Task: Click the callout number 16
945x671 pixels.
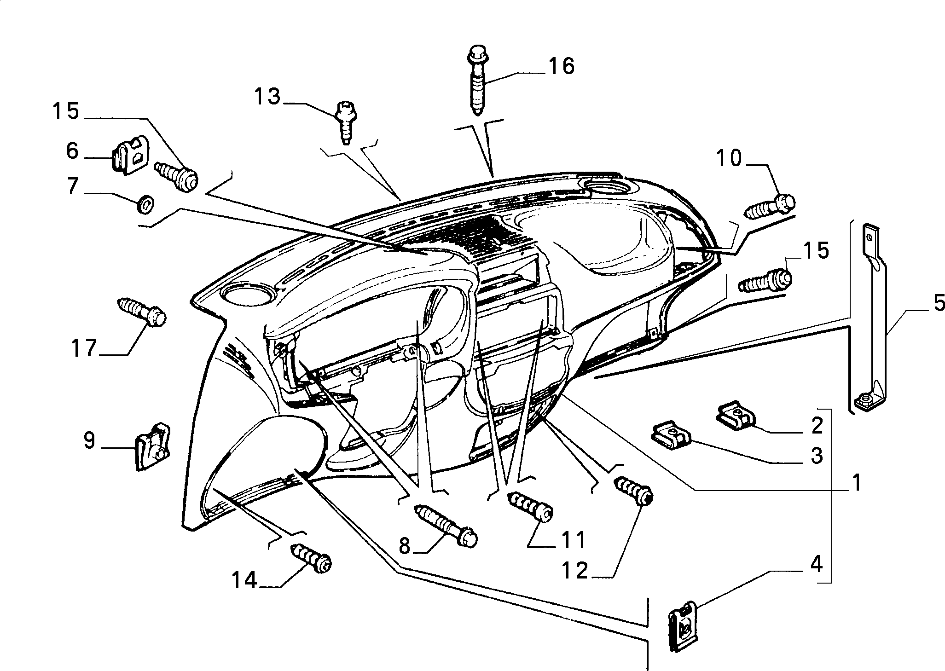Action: click(x=561, y=67)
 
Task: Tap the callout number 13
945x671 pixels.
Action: click(x=267, y=97)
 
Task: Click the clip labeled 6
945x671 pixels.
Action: click(x=131, y=156)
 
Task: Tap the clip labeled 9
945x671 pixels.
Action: click(x=153, y=447)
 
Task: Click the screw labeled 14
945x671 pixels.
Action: click(x=312, y=558)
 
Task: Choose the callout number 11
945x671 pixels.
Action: click(x=571, y=539)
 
